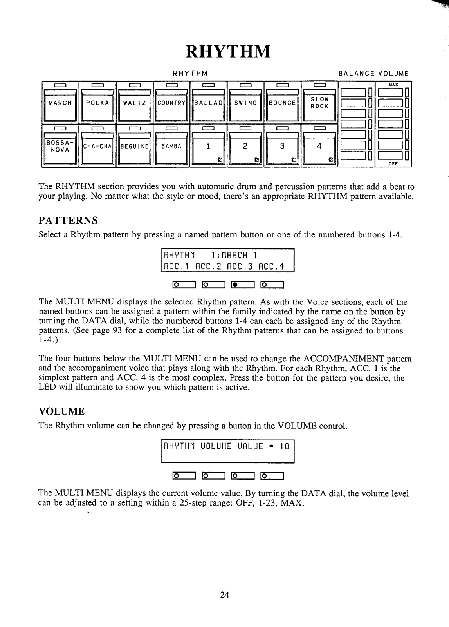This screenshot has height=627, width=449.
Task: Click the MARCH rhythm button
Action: coord(60,103)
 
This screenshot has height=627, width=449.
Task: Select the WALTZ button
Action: coord(134,103)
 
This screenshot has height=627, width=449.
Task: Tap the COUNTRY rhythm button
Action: coord(171,103)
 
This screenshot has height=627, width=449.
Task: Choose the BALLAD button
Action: coord(208,103)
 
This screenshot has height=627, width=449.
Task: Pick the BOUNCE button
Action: coord(282,103)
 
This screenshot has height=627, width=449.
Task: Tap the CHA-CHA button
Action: coord(97,147)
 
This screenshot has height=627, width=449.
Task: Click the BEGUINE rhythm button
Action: coord(134,147)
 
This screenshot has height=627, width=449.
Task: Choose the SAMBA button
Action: coord(171,147)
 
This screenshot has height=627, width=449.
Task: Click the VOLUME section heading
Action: coord(61,411)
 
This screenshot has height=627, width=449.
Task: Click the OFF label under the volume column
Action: coord(393,164)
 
